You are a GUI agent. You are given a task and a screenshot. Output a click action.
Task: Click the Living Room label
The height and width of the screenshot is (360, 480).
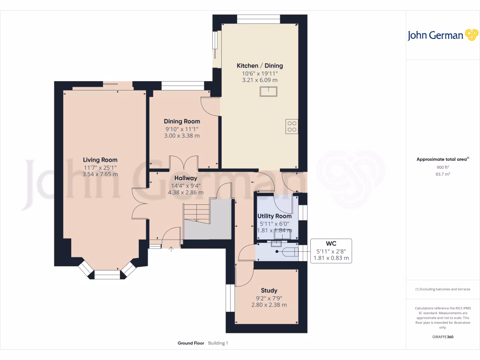[100, 160]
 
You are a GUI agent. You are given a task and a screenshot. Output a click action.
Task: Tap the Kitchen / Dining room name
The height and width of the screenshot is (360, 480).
[260, 66]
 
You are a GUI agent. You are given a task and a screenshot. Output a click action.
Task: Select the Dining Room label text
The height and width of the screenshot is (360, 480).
[182, 121]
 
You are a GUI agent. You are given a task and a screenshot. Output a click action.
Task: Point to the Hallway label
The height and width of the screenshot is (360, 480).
[186, 178]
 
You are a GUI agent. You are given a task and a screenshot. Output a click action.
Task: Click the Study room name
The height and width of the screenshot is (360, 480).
[269, 291]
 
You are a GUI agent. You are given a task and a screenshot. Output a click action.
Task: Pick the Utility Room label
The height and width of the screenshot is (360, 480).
[274, 216]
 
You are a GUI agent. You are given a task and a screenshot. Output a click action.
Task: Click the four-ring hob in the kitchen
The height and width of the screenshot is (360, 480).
[292, 126]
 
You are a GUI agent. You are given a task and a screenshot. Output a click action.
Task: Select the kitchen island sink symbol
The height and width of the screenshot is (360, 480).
[269, 91]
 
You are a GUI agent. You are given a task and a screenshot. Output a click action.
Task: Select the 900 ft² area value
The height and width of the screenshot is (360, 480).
[442, 167]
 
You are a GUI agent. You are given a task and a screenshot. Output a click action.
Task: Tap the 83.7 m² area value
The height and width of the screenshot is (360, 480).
[442, 174]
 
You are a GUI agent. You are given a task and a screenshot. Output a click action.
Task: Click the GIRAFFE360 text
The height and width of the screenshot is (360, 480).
[442, 337]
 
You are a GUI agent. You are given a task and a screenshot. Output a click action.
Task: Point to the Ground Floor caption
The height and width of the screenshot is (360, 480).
[191, 343]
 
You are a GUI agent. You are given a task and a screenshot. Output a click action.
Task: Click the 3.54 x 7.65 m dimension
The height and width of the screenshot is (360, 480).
[100, 174]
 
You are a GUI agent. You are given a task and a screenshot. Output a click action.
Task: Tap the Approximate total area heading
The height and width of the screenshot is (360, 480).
[442, 159]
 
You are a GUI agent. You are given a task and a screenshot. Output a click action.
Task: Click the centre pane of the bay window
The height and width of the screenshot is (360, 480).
[107, 275]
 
